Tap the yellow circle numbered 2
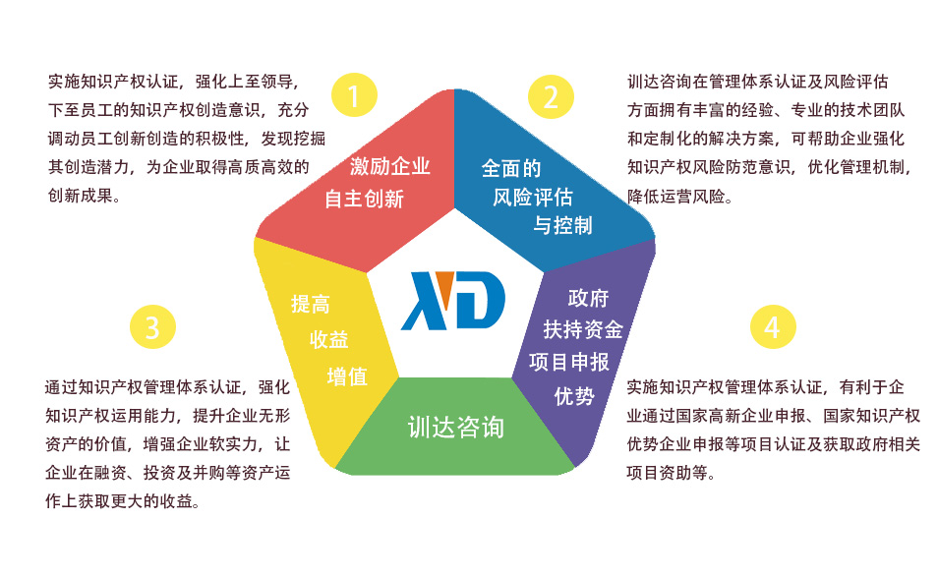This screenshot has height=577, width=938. point(551,95)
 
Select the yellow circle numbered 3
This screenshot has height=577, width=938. point(152,326)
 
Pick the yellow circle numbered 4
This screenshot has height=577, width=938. point(772,326)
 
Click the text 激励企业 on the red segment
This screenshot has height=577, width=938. point(390,166)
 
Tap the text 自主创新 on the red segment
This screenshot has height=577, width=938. point(365,199)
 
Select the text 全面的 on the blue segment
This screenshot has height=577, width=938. point(511,168)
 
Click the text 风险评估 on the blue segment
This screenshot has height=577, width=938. point(532,197)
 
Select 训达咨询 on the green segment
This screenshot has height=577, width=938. point(455,427)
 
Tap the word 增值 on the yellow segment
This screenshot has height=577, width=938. point(347,375)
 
